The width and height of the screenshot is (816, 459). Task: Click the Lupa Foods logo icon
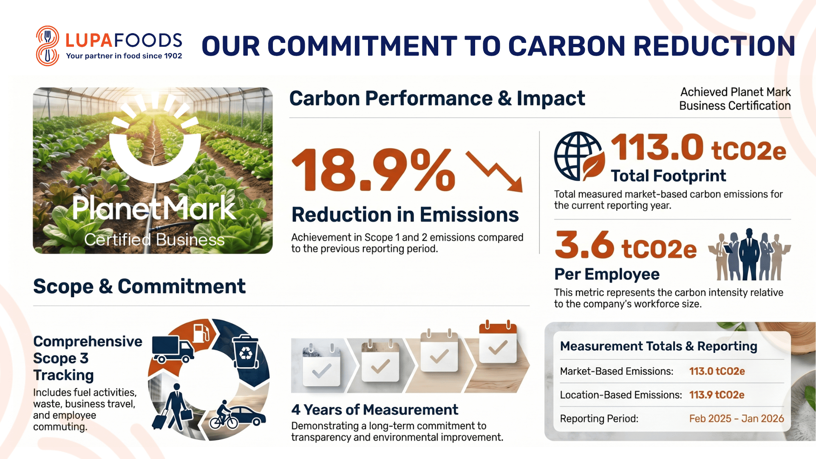coord(47,46)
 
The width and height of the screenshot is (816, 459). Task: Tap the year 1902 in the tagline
coord(173,56)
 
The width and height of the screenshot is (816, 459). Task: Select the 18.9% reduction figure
coord(374,170)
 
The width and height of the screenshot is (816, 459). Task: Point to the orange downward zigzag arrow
coord(494,171)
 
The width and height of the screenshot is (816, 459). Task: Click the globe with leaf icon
coord(579,156)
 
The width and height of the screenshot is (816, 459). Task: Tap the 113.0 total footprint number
coord(657,147)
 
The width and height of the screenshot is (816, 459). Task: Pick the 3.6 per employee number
coord(584,245)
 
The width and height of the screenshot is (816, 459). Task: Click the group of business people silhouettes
coord(749,255)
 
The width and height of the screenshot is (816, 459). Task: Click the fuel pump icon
coord(201,333)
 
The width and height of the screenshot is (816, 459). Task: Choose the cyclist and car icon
coord(237,414)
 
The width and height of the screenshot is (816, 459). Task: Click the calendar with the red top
coord(498,342)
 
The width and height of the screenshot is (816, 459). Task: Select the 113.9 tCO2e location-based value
coord(717,395)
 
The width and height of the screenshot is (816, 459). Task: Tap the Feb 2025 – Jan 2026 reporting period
coord(737,419)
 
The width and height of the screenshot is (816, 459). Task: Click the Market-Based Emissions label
coord(617,371)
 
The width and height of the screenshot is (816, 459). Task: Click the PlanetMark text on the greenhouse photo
coord(154,208)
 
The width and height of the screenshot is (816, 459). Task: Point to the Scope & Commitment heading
coord(139,286)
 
